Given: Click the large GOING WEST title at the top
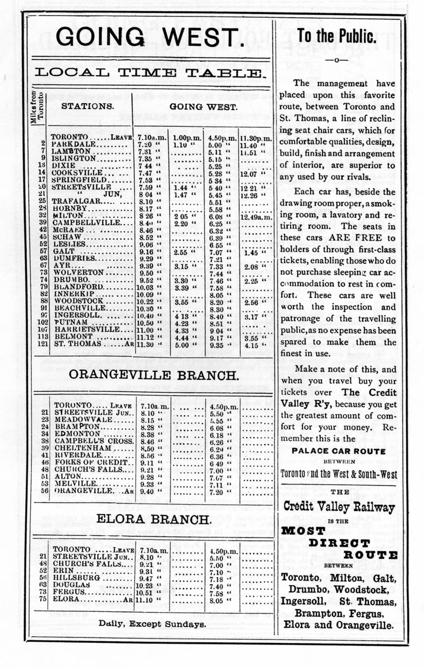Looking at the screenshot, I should coord(150,37).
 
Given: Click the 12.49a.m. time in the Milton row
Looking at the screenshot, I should coord(256,216).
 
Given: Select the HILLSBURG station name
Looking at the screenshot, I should coord(78,578).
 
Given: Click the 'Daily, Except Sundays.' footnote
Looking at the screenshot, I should coord(152,624).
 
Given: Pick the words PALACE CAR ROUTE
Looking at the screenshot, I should coord(339,451).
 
